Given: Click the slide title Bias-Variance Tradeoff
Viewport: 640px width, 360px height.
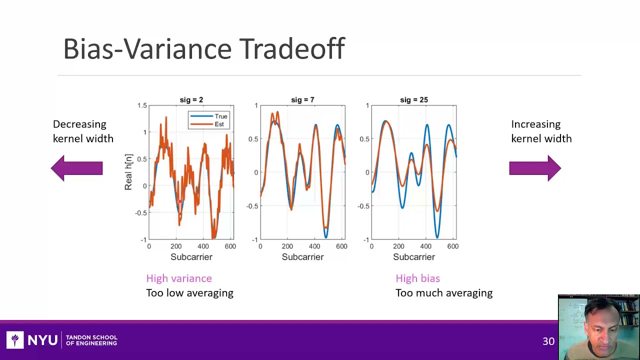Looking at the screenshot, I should click(x=204, y=49).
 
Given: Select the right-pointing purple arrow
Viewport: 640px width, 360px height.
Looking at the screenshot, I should click(x=535, y=168).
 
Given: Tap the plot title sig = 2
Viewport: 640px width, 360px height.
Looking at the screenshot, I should click(x=191, y=100).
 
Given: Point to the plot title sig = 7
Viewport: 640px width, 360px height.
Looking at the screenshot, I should click(x=302, y=100).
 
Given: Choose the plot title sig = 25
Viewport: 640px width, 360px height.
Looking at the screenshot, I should click(x=413, y=100).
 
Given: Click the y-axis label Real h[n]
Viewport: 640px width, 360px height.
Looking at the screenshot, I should click(x=128, y=172).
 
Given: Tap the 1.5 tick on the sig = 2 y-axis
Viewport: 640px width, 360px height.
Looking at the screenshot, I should click(x=141, y=105).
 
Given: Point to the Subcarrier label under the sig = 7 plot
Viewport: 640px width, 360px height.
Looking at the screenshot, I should click(x=302, y=257).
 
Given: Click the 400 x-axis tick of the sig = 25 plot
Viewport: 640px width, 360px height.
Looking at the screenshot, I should click(x=425, y=246).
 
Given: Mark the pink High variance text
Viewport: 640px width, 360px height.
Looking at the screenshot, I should click(x=179, y=278).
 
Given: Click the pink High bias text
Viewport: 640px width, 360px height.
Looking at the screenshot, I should click(x=417, y=278).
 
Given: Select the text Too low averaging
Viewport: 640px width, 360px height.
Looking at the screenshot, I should click(x=189, y=293).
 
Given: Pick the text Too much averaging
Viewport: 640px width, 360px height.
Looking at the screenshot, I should click(x=443, y=293).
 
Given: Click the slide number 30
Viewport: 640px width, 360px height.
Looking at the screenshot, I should click(x=548, y=341).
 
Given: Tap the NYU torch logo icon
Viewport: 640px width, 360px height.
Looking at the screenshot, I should click(x=15, y=340).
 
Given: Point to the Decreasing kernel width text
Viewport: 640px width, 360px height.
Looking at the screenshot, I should click(x=83, y=131).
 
